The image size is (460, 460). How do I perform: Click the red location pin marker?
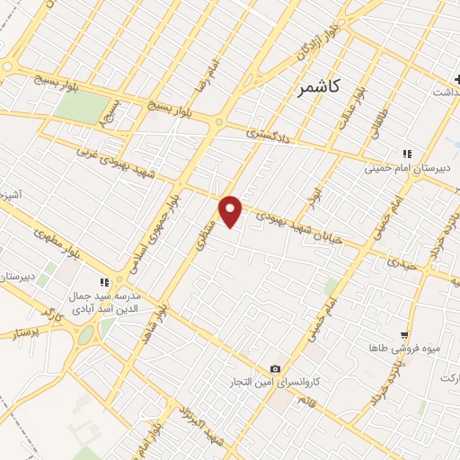(231, 211)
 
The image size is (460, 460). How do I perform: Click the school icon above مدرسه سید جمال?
(106, 279)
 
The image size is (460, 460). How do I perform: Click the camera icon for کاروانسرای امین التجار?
(275, 369)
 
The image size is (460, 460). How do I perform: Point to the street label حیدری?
(402, 262)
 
